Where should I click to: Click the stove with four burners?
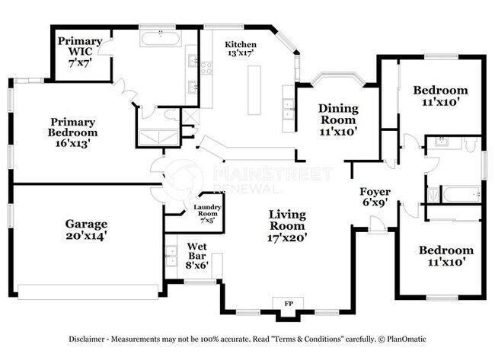206,67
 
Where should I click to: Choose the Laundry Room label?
207,212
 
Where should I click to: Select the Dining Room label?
337,119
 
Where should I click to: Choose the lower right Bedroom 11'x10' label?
445,255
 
